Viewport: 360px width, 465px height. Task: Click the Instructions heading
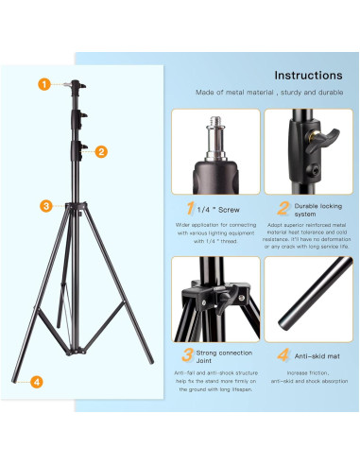click(308, 75)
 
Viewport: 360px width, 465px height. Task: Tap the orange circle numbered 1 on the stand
click(43, 84)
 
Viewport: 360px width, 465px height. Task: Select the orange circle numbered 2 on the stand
click(101, 150)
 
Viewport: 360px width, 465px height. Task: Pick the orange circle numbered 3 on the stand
click(44, 205)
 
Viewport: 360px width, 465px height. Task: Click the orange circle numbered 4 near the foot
click(37, 382)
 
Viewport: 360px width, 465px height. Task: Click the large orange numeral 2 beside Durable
click(281, 207)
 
